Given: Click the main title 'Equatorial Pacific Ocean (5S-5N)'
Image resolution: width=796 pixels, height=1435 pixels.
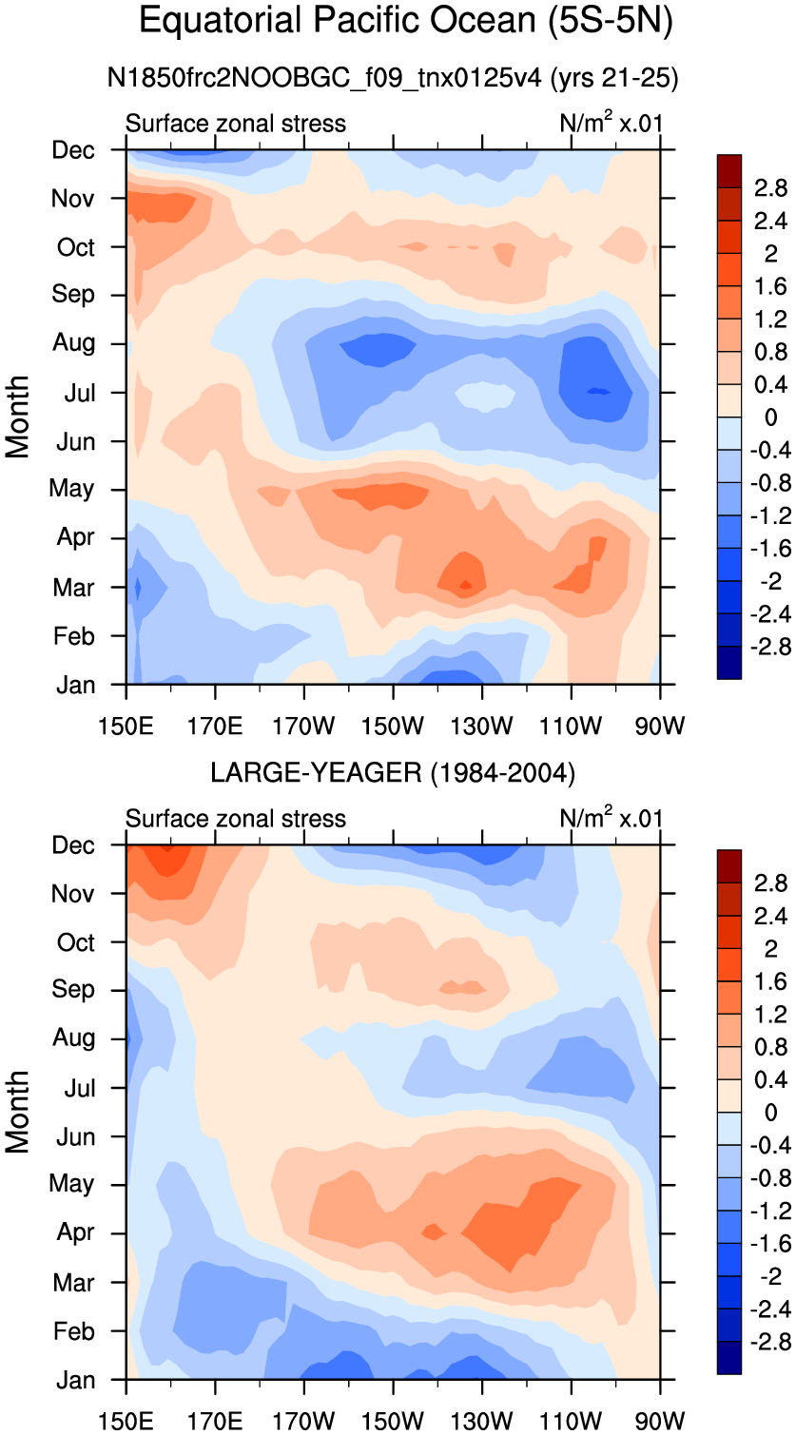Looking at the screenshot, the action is (x=405, y=21).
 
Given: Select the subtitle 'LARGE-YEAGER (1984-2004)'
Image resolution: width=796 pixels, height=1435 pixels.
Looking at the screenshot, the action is (x=393, y=773).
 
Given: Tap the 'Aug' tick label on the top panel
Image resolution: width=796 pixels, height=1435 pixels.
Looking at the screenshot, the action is (x=74, y=342).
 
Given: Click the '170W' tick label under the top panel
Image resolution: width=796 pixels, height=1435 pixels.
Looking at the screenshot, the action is (x=303, y=727).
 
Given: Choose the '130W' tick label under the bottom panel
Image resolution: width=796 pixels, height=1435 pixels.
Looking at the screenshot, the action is (x=481, y=1423).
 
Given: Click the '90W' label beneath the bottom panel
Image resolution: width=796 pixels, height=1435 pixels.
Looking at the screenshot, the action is (x=660, y=1423).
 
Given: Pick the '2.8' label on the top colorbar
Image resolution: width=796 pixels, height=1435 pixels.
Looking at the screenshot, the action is (x=770, y=188).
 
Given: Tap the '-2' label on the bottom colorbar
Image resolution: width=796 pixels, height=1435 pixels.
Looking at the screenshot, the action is (x=770, y=1277).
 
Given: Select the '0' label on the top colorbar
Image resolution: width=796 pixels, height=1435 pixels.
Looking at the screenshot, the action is (x=770, y=417).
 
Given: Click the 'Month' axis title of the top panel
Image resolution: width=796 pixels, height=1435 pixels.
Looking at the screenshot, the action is (x=17, y=417).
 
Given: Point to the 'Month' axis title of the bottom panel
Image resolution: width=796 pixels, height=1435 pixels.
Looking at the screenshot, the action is (x=17, y=1112).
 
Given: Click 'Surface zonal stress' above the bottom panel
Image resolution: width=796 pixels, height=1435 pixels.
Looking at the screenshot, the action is (x=235, y=819).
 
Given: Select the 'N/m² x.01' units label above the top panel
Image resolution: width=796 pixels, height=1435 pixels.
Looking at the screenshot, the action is (x=611, y=123).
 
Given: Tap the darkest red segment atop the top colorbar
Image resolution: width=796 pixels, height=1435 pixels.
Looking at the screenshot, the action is (x=729, y=171).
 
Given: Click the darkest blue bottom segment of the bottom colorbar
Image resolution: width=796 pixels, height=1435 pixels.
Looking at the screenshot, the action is (x=729, y=1357).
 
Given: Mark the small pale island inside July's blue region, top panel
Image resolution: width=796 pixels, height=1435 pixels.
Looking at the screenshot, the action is (x=484, y=396).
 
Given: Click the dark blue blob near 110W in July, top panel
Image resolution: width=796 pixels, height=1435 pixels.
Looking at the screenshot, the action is (x=593, y=379).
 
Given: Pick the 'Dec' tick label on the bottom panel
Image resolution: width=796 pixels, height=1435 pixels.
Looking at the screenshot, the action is (x=73, y=845).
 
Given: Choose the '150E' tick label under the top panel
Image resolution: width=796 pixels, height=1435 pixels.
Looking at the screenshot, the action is (x=126, y=727).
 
